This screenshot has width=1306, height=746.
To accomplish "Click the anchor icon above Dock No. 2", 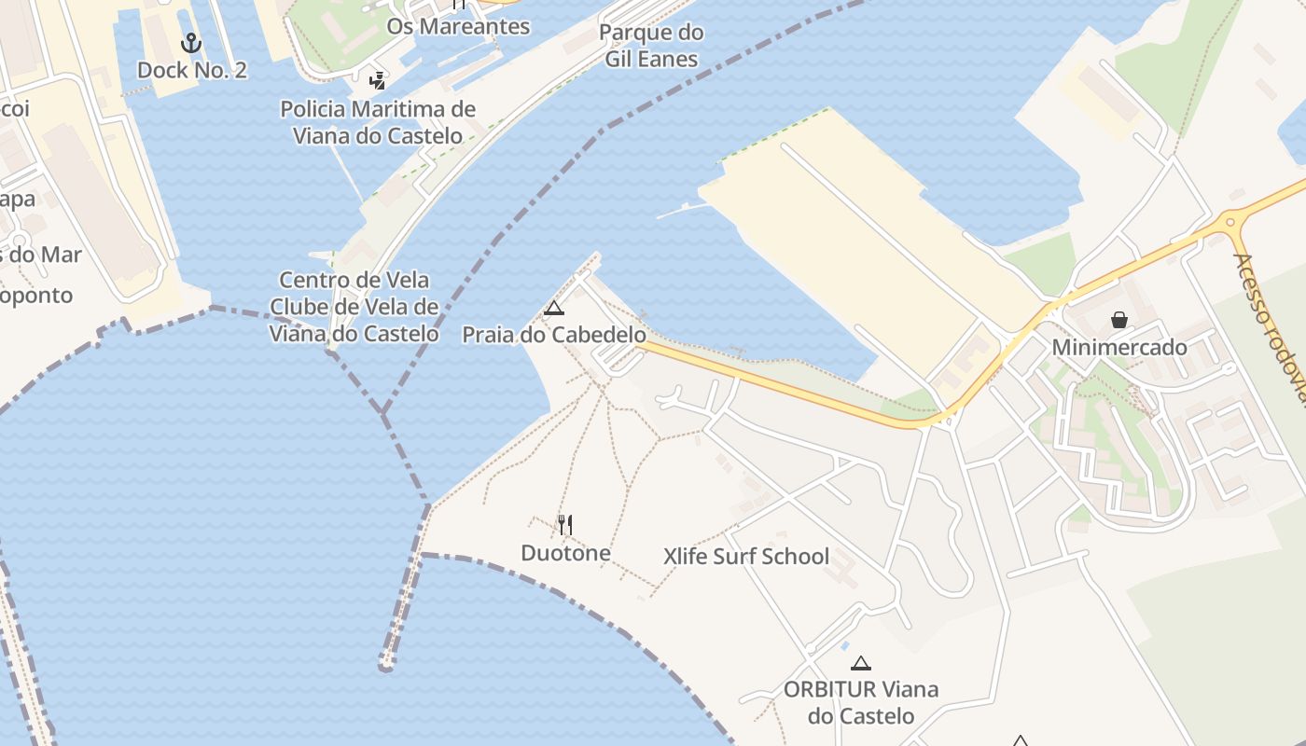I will click(x=191, y=43).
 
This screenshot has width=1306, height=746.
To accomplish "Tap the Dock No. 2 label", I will click(x=192, y=70).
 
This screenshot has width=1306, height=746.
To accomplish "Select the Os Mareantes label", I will click(x=458, y=26).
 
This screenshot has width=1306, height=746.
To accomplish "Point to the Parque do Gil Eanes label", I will click(x=651, y=46).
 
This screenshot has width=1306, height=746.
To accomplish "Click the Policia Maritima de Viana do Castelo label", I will click(x=378, y=122).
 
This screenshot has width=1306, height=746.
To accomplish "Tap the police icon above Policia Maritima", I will click(x=377, y=81).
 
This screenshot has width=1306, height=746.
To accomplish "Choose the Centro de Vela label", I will click(x=354, y=280).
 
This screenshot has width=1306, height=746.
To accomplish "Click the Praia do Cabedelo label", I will click(x=554, y=335).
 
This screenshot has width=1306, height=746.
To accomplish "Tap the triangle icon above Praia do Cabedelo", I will click(x=554, y=309).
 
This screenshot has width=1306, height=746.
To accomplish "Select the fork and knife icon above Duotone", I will click(x=564, y=525).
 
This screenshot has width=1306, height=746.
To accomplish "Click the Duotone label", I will click(x=565, y=553).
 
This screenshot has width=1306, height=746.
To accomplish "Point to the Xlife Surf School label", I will click(x=745, y=557).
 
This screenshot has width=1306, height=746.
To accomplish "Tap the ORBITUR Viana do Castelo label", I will click(x=860, y=702).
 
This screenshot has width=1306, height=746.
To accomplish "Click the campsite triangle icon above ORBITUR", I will click(x=860, y=664).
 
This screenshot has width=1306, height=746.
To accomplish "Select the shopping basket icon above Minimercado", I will click(x=1118, y=321).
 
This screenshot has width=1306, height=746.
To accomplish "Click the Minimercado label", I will click(x=1119, y=348).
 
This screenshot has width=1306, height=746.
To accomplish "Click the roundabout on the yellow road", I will click(x=1230, y=221).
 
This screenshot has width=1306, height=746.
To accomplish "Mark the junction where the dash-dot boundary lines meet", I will click(x=382, y=413).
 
